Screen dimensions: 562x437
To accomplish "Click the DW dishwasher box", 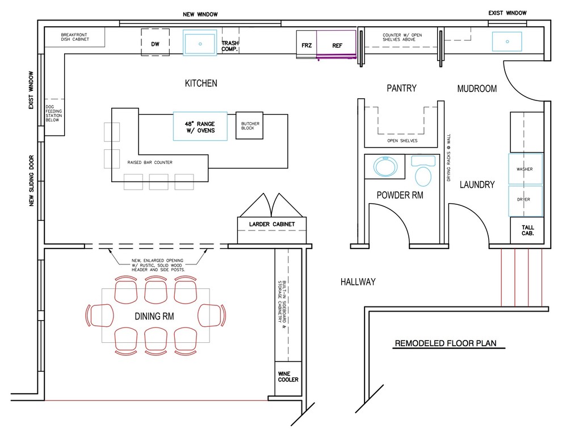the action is (x=155, y=42).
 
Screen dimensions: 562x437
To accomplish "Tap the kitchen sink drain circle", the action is (x=200, y=44).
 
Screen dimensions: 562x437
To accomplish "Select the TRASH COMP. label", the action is (x=230, y=46).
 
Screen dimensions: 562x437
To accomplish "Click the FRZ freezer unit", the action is (x=307, y=44).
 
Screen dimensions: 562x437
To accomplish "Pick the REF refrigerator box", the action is (x=336, y=44).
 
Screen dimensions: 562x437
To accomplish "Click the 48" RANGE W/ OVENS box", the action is (x=200, y=126).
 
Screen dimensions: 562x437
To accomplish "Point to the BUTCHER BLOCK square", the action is (x=249, y=125).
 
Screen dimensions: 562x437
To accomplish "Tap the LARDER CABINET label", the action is (x=272, y=224).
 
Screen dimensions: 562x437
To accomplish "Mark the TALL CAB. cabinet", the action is (x=527, y=230).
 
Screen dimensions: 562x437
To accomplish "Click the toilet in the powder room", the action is (x=423, y=171).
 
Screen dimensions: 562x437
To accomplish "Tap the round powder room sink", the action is (x=385, y=166).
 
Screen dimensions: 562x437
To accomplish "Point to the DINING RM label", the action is (x=154, y=316).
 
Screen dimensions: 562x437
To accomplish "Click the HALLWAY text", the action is (x=358, y=282).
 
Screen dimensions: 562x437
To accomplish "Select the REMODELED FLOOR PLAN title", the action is (x=446, y=343).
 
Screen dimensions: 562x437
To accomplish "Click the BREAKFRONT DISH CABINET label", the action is (x=74, y=37).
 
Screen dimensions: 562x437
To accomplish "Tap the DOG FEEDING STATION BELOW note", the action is (x=54, y=114).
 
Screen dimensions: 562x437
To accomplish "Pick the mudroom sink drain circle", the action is (x=507, y=41).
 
